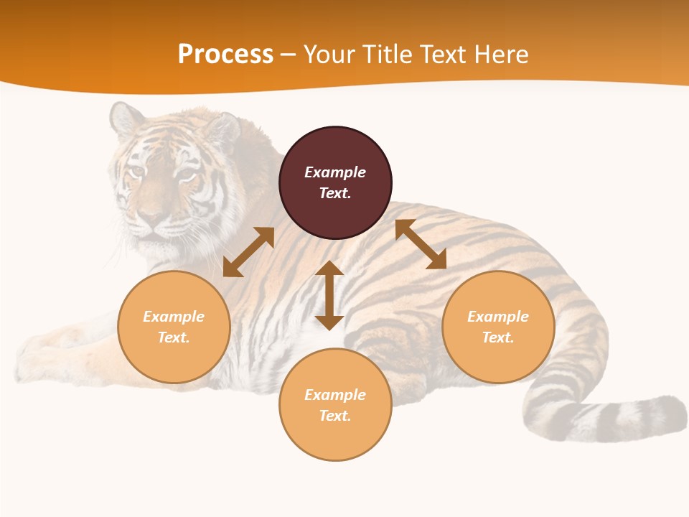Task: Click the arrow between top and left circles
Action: [x=248, y=252]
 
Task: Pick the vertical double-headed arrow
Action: [x=329, y=295]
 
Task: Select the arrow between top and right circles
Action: [x=421, y=244]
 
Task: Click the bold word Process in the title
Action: [x=225, y=55]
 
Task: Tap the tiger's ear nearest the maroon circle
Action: [x=222, y=129]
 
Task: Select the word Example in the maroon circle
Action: [x=335, y=172]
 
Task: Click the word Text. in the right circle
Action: [x=498, y=337]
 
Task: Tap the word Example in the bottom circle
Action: [x=335, y=395]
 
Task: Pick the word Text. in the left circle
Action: [x=174, y=337]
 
